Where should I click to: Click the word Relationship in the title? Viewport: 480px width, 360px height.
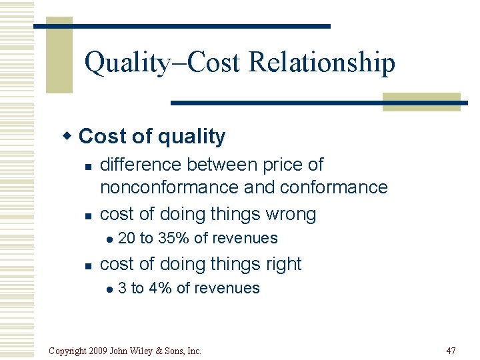tap(321, 63)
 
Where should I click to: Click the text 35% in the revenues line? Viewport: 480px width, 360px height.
tap(173, 238)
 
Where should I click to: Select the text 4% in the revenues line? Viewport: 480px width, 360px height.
tap(159, 288)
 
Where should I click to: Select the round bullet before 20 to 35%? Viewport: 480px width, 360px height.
tap(109, 239)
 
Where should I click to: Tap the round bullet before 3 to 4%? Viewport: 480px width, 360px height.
tap(109, 289)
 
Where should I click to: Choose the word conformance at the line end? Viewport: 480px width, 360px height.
tap(333, 187)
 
